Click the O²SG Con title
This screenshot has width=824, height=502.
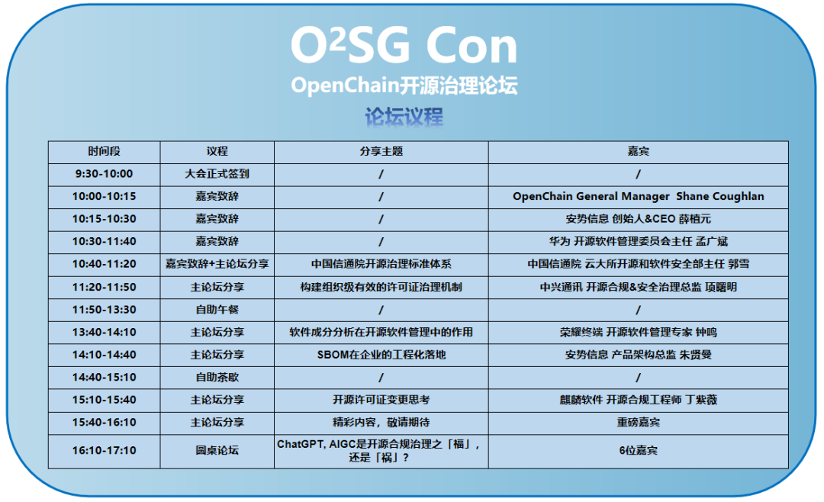pyautogui.click(x=404, y=46)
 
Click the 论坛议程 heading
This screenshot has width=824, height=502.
pyautogui.click(x=404, y=116)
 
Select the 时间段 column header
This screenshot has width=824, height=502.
pyautogui.click(x=104, y=151)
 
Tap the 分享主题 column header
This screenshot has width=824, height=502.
pyautogui.click(x=381, y=151)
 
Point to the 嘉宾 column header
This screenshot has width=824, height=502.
pyautogui.click(x=638, y=151)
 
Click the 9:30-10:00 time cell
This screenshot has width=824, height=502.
pyautogui.click(x=104, y=174)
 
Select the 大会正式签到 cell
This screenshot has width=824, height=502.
pyautogui.click(x=217, y=174)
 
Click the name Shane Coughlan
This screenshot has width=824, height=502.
pyautogui.click(x=720, y=197)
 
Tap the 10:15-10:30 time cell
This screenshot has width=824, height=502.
pyautogui.click(x=104, y=219)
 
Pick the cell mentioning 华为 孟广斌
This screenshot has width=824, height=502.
pyautogui.click(x=638, y=242)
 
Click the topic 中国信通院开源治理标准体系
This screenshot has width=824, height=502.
pyautogui.click(x=381, y=265)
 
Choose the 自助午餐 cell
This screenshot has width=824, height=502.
pyautogui.click(x=217, y=310)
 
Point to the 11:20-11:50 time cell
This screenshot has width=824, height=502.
pyautogui.click(x=104, y=288)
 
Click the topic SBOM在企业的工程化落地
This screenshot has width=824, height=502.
pyautogui.click(x=381, y=355)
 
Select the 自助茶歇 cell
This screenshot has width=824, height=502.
pyautogui.click(x=217, y=378)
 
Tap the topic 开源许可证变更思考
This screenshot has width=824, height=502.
pyautogui.click(x=381, y=400)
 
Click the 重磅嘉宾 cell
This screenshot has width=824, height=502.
pyautogui.click(x=638, y=423)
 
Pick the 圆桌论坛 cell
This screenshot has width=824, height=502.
pyautogui.click(x=217, y=450)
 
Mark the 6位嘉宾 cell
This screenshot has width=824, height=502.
pyautogui.click(x=638, y=450)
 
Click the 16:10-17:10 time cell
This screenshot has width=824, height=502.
pyautogui.click(x=104, y=450)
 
